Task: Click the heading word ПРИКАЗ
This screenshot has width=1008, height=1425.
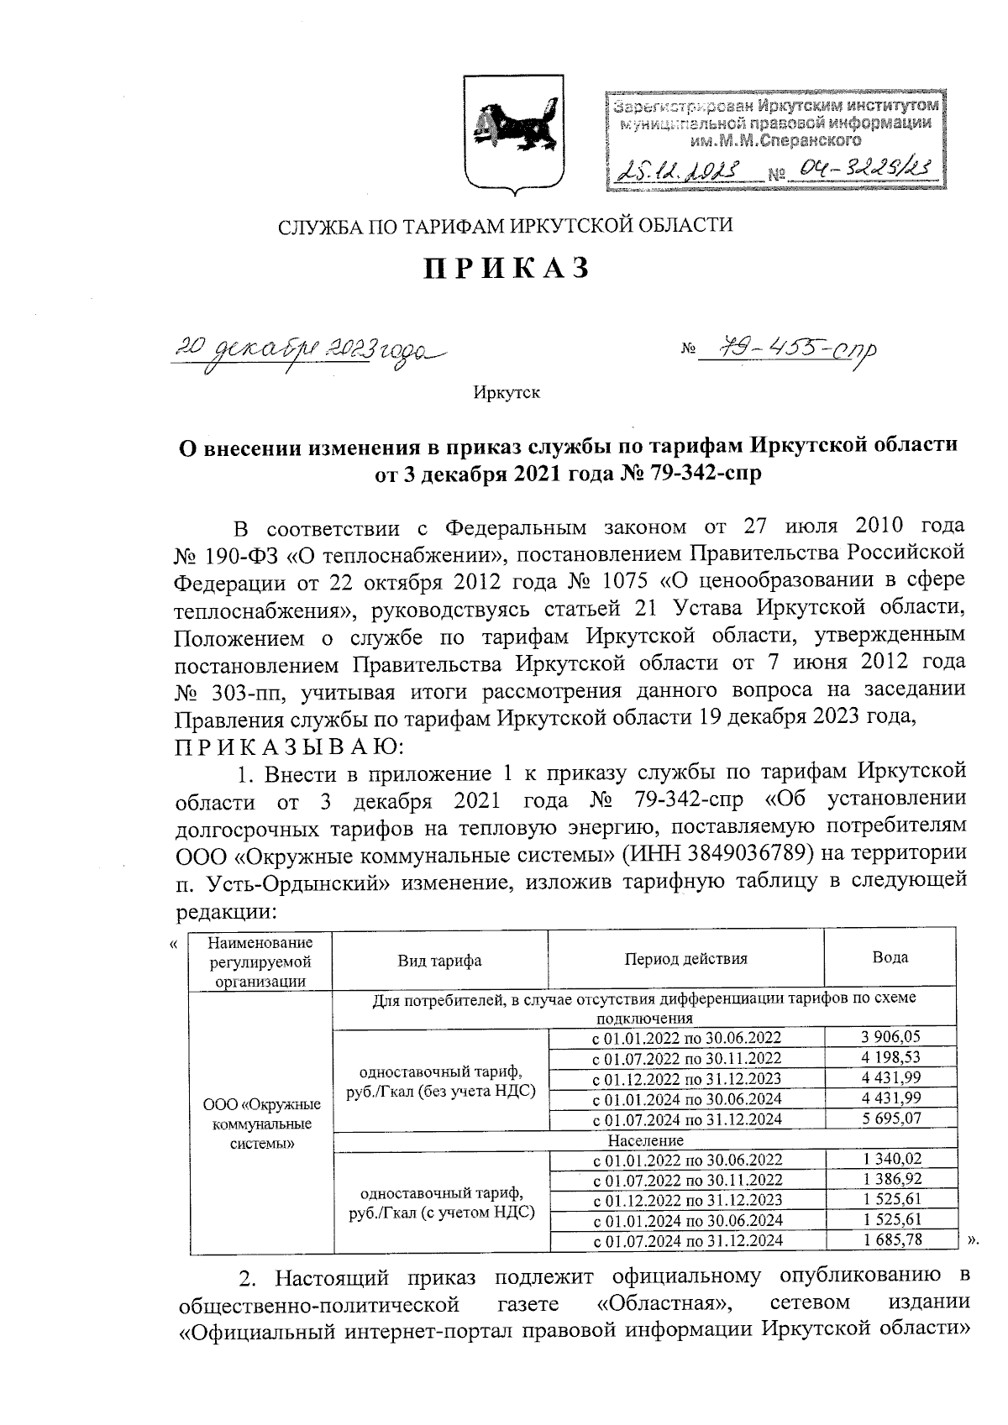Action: click(x=504, y=268)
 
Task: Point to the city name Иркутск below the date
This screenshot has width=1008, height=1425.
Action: click(x=506, y=392)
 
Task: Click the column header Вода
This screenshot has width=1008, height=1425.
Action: click(x=890, y=957)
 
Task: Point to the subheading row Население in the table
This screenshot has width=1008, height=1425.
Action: click(x=644, y=1140)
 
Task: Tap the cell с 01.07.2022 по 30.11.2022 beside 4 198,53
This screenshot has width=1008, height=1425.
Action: click(x=686, y=1058)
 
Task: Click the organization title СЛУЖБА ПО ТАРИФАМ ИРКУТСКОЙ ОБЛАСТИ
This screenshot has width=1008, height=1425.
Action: click(x=505, y=225)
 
